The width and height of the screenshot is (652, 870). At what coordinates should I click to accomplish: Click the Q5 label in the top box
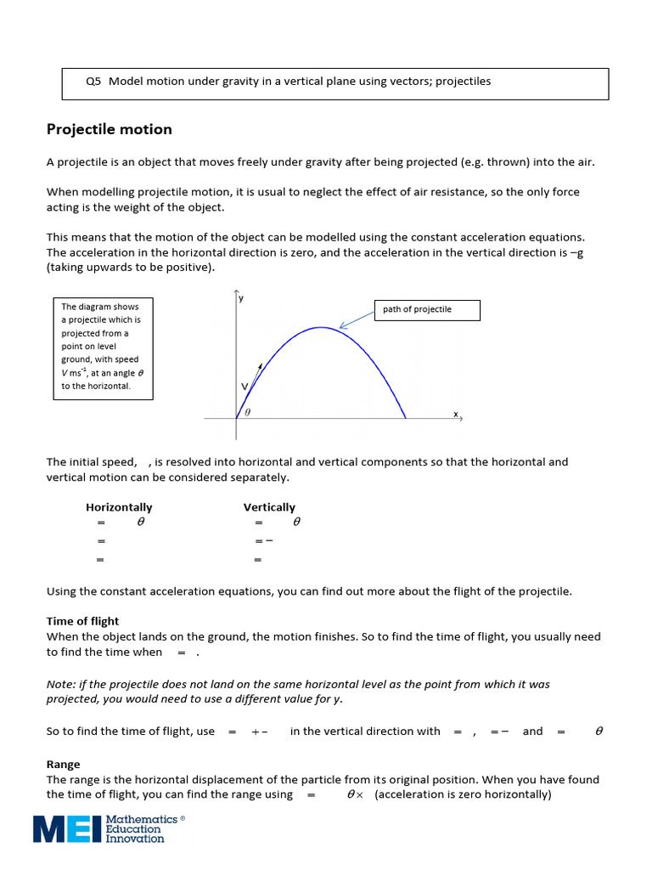(x=93, y=82)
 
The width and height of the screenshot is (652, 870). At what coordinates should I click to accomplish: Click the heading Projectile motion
(x=109, y=129)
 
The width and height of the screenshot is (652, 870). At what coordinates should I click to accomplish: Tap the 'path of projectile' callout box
(x=426, y=309)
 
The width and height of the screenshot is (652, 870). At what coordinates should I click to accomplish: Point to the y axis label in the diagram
(x=241, y=298)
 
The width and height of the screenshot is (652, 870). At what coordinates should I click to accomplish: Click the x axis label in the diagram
(x=455, y=415)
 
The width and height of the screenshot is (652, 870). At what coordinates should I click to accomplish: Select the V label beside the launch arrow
(x=244, y=387)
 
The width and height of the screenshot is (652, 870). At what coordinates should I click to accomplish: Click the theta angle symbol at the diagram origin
(x=248, y=411)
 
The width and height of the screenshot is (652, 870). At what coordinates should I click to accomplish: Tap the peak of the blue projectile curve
(x=320, y=327)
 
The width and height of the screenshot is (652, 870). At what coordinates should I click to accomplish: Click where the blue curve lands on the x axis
(x=406, y=418)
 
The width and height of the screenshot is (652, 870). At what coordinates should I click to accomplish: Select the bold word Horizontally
(x=119, y=507)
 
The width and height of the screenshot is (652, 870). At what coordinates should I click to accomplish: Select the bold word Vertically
(x=269, y=507)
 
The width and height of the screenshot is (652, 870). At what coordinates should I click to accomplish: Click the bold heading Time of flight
(x=82, y=621)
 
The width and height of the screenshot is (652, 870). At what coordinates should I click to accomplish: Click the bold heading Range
(x=63, y=765)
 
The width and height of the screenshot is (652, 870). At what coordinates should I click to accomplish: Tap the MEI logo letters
(x=67, y=828)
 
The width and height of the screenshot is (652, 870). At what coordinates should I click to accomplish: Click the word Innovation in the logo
(x=135, y=839)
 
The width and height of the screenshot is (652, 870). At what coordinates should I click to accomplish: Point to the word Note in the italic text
(x=59, y=683)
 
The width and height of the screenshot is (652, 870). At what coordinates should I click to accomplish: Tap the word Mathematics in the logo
(x=142, y=819)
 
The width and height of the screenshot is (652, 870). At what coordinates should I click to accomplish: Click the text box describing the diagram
(x=102, y=346)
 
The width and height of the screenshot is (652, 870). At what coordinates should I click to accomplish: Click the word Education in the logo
(x=133, y=829)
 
